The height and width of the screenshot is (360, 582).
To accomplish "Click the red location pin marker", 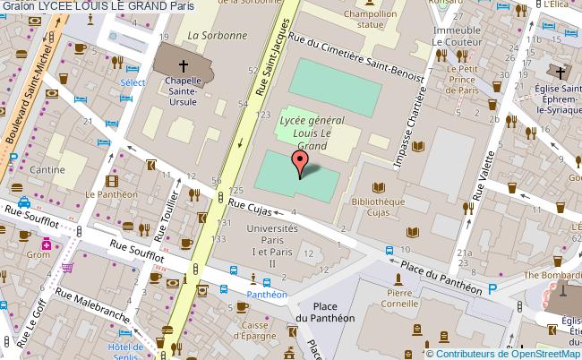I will point(300,162).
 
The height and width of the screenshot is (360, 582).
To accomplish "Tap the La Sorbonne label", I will point(217,36).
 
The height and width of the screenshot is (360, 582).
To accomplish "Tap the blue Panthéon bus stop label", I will point(267,293).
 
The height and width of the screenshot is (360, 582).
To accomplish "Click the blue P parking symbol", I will point(492,289).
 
